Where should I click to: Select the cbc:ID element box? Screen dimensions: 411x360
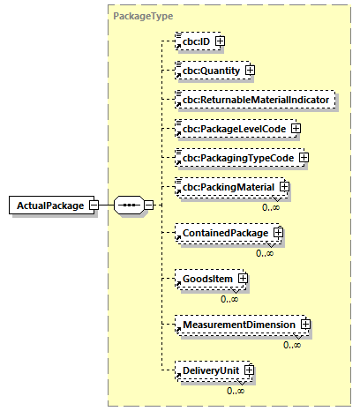pyautogui.click(x=195, y=41)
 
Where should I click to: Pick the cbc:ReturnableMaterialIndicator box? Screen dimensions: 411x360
pyautogui.click(x=256, y=100)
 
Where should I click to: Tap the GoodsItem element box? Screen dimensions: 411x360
pyautogui.click(x=206, y=279)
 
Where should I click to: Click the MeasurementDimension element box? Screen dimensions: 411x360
pyautogui.click(x=239, y=325)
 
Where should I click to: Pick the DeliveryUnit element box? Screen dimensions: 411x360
pyautogui.click(x=209, y=370)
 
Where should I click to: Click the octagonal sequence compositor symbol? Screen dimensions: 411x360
pyautogui.click(x=129, y=205)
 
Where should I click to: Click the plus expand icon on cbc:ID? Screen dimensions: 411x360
pyautogui.click(x=221, y=41)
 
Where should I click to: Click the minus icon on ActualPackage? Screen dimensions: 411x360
pyautogui.click(x=94, y=205)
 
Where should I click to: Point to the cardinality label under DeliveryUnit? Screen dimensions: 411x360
pyautogui.click(x=236, y=390)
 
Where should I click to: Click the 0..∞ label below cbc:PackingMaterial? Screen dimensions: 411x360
pyautogui.click(x=272, y=206)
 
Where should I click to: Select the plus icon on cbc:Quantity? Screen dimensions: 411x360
pyautogui.click(x=250, y=70)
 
